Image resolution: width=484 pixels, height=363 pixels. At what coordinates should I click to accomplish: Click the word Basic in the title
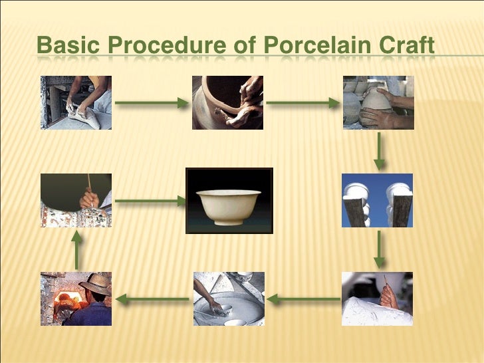coord(64,47)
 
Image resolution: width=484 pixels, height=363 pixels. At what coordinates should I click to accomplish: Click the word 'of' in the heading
coord(244,47)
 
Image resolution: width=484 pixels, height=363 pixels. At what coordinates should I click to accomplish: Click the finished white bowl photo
coord(229,201)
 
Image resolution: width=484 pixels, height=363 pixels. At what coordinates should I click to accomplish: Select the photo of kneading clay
coord(76,102)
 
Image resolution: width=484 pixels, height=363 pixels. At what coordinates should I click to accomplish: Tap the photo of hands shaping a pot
coord(228,102)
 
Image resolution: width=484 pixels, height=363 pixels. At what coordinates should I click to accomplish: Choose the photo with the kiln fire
coord(76,299)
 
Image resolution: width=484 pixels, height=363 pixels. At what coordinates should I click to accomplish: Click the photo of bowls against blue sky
coord(377,201)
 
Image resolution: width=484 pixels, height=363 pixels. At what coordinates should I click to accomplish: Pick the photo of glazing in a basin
coord(228,299)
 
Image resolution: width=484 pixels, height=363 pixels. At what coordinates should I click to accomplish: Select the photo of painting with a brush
coord(76,201)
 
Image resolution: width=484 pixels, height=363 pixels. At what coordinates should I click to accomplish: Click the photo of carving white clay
coord(377,299)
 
